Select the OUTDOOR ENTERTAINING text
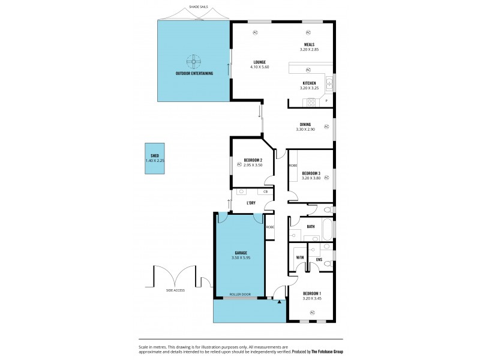click(x=194, y=74)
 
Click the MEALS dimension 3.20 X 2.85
click(x=309, y=49)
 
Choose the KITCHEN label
click(x=309, y=83)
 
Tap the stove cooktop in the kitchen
click(x=311, y=102)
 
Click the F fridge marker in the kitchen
click(x=326, y=101)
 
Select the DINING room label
click(x=305, y=124)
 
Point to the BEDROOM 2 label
click(x=253, y=160)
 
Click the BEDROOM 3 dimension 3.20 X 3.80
click(x=311, y=178)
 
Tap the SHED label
click(x=155, y=155)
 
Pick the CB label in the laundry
click(x=265, y=191)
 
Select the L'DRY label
click(x=251, y=203)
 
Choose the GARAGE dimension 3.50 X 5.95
click(x=240, y=258)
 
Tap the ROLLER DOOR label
click(x=240, y=295)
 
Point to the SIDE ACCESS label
click(x=175, y=290)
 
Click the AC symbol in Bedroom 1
click(x=312, y=313)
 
